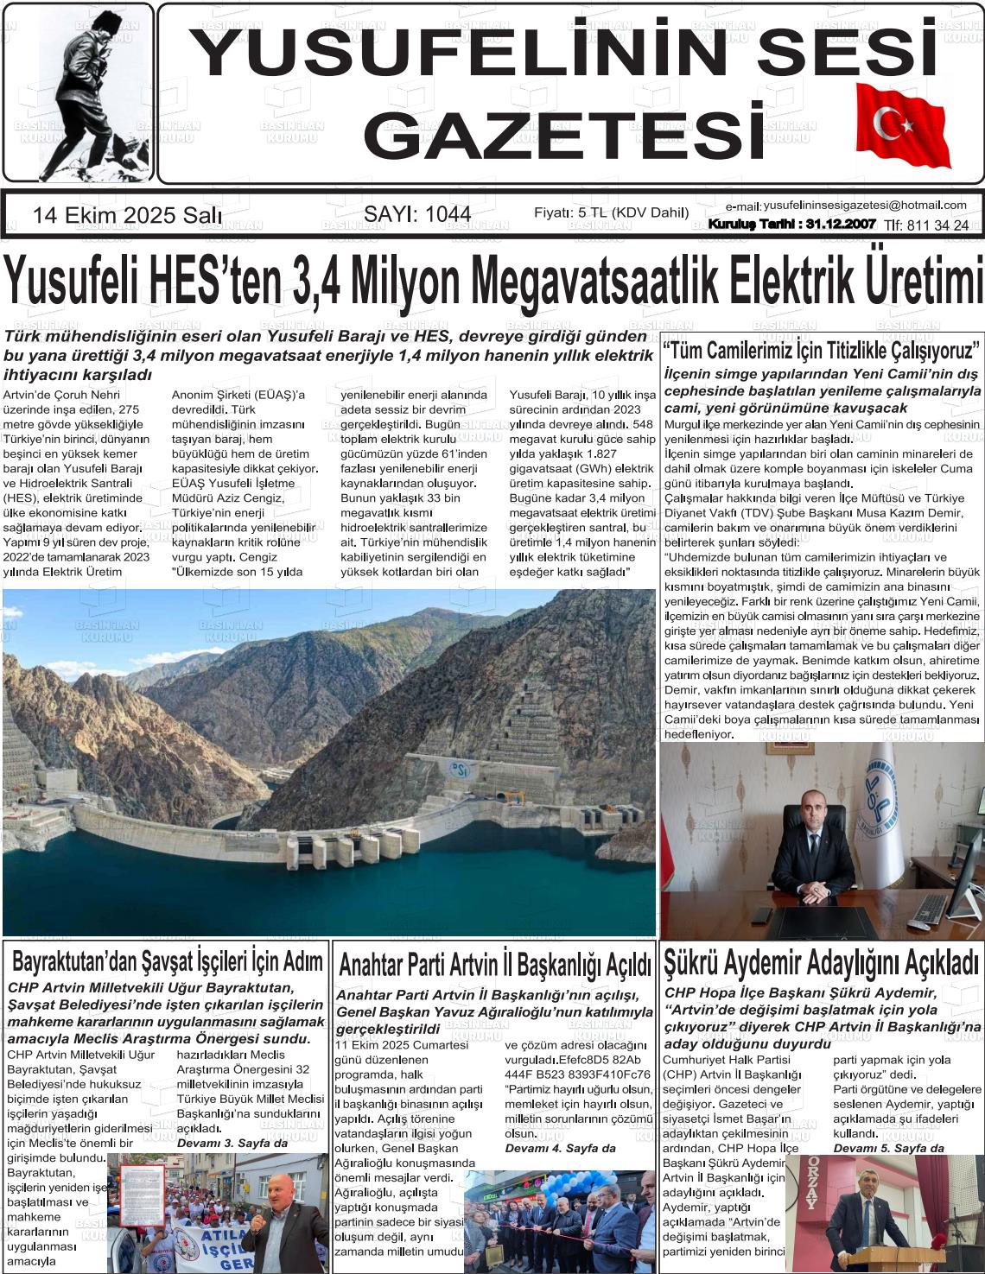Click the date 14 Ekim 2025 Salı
[x=127, y=215]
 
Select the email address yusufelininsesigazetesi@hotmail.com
[x=865, y=205]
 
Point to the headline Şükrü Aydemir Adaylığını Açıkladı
[x=821, y=960]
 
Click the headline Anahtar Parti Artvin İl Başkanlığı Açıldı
[x=494, y=963]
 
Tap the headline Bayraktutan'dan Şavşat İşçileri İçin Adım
[x=168, y=960]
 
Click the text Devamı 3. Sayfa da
[x=232, y=1143]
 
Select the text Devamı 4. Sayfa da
[x=560, y=1148]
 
